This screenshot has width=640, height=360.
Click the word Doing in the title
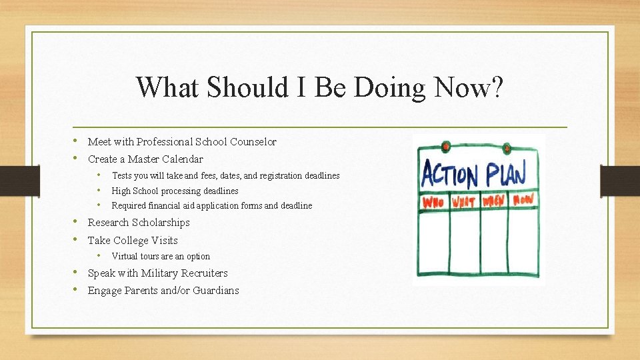[389, 88]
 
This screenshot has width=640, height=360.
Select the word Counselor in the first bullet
[253, 141]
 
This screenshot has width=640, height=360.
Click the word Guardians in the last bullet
[216, 290]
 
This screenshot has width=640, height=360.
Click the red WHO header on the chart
[433, 202]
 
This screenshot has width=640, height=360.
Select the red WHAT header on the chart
[464, 201]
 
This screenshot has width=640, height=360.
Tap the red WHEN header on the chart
[493, 201]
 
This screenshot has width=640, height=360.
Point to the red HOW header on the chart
[523, 199]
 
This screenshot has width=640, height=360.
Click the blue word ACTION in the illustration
[449, 173]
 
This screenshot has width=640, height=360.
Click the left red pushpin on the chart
[446, 146]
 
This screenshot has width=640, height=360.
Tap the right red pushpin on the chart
[507, 148]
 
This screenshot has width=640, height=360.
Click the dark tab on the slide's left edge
[20, 181]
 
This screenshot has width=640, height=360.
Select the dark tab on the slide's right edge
[620, 181]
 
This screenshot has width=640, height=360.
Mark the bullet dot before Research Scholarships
[75, 221]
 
